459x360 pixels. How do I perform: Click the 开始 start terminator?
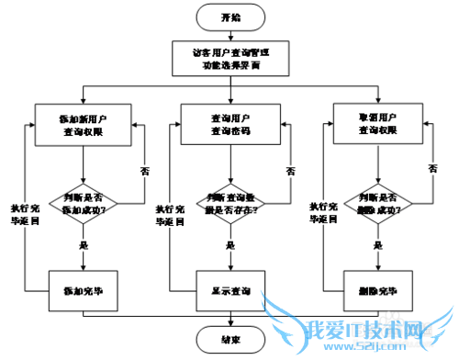(x=230, y=17)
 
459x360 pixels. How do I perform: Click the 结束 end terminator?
(x=230, y=339)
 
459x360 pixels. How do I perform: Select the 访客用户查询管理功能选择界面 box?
(x=230, y=59)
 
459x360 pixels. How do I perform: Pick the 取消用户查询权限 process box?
(x=377, y=124)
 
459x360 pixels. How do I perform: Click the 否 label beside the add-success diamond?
(x=144, y=172)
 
